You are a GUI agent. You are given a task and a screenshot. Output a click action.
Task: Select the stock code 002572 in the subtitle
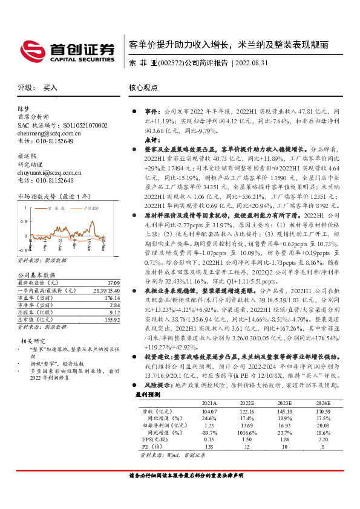tap(169, 62)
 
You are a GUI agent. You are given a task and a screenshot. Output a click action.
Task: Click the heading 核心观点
tap(143, 88)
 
